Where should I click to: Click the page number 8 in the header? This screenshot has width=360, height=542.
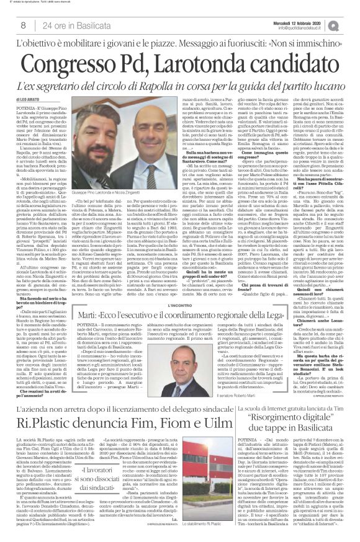pyautogui.click(x=23, y=24)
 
